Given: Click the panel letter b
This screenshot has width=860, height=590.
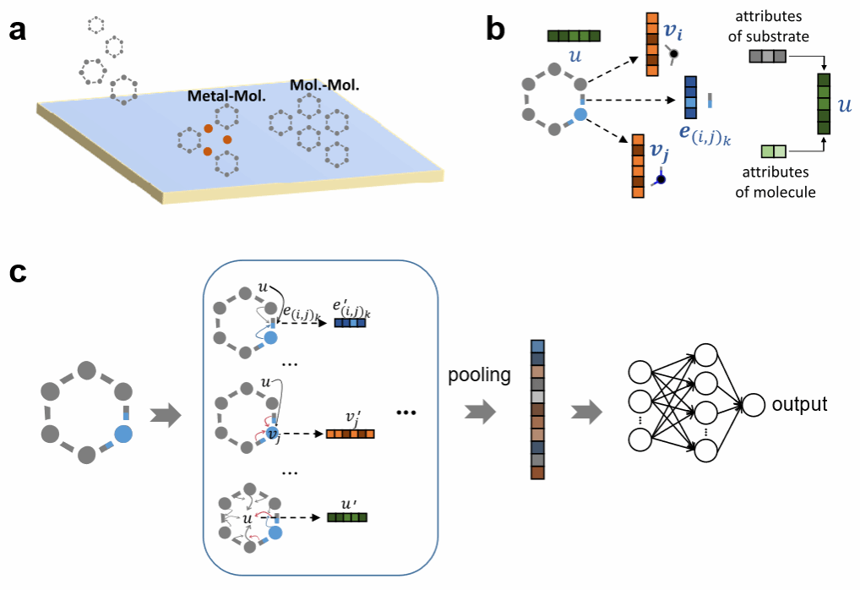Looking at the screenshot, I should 496,30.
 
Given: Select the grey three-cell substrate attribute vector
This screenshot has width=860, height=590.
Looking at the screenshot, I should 767,57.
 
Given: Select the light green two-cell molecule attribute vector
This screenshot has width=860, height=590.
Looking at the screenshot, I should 773,152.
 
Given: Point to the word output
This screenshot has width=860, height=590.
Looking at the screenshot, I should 800,404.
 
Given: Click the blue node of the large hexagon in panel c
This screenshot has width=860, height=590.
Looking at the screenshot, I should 123,434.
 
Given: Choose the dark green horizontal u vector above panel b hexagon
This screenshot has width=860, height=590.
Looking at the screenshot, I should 574,36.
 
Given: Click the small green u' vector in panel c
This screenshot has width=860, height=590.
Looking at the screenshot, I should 347,518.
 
